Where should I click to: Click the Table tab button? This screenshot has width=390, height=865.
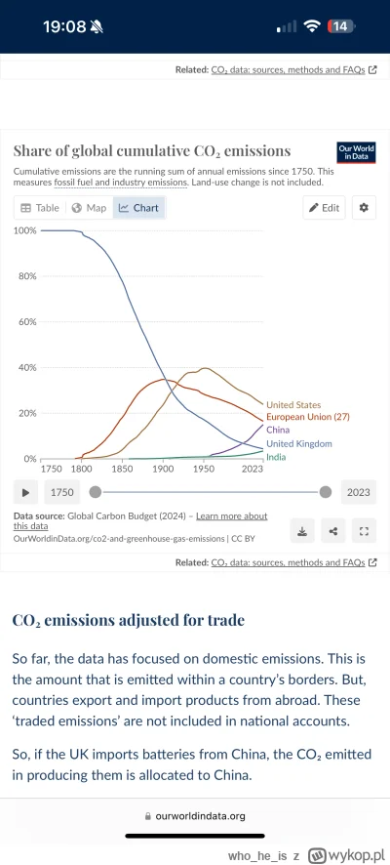pos(40,208)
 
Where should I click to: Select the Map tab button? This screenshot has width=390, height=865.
pos(89,208)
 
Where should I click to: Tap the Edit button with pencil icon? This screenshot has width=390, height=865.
pos(324,208)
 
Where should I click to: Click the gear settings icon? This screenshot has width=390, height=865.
pos(364,208)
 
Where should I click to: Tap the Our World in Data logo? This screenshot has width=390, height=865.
pos(356,152)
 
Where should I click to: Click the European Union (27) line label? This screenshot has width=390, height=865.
pos(307,417)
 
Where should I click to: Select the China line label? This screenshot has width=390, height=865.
pos(279,430)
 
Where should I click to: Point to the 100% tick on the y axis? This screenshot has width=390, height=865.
pos(24,230)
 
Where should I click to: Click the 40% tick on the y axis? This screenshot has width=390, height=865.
pos(26,367)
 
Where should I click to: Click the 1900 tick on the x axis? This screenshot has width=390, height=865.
pos(163,470)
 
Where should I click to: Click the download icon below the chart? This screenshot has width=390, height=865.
pos(302,531)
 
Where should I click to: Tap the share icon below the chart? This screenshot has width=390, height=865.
pos(333,531)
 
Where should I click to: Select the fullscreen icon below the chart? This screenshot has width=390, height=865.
pos(365,531)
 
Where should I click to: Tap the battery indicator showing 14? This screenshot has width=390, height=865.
pos(341,26)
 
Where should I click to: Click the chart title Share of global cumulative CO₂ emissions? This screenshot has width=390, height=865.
pos(151,151)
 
